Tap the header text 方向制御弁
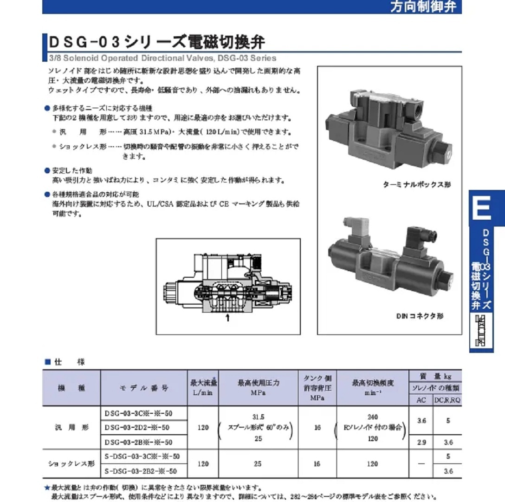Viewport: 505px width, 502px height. pos(423,7)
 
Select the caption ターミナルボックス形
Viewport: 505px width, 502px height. pos(416,184)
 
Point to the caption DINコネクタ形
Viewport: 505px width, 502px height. pos(420,316)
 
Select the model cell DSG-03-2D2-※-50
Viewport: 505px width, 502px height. pos(137,427)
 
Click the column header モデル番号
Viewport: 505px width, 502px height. pos(144,388)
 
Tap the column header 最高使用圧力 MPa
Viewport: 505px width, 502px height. pos(259,387)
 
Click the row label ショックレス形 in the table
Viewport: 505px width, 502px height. pos(71,463)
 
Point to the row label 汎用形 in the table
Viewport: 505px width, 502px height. pos(71,428)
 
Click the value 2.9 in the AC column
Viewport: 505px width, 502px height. pos(421,442)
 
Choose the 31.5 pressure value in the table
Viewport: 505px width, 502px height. pos(258,417)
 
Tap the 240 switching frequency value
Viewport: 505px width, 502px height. pos(372,417)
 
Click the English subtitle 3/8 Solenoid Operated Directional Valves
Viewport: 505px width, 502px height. pos(162,58)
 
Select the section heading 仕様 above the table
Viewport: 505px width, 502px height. pos(69,362)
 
